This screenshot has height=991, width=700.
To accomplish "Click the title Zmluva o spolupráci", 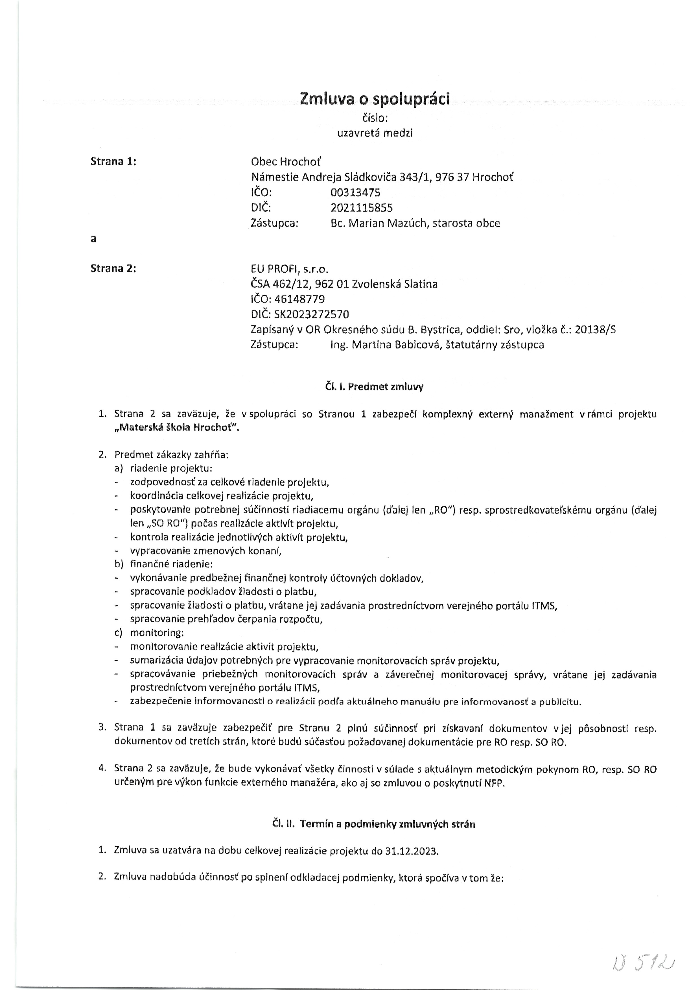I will pyautogui.click(x=374, y=99).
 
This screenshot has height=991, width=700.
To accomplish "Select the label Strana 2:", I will pyautogui.click(x=113, y=268).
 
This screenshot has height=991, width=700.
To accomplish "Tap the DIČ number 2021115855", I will pyautogui.click(x=361, y=208).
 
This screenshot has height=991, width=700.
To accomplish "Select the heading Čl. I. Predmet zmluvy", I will pyautogui.click(x=374, y=386).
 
